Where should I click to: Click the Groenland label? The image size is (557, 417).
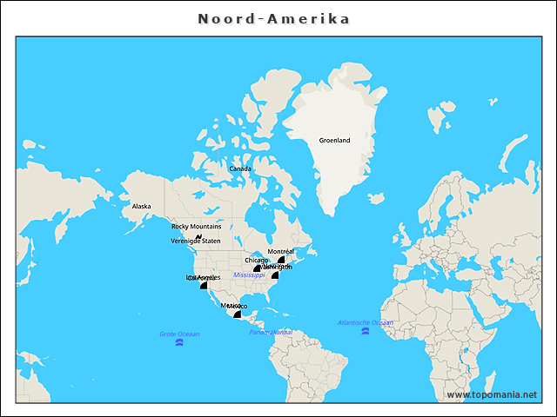tap(334, 140)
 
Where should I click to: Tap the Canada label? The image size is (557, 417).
tap(240, 169)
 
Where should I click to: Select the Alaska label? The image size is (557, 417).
tap(141, 207)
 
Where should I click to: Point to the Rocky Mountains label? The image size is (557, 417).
tap(196, 226)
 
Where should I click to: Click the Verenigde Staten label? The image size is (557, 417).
tap(196, 241)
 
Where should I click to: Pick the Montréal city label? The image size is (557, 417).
tap(280, 251)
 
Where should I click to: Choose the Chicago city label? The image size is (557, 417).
tap(257, 260)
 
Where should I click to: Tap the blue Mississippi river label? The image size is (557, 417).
tap(249, 275)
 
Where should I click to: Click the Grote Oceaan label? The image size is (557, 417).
tap(179, 334)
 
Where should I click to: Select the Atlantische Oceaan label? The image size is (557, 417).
tap(366, 322)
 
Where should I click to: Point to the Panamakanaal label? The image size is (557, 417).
tap(271, 332)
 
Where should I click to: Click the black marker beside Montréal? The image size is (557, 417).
tap(282, 259)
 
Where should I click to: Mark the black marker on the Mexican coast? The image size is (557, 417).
tap(236, 314)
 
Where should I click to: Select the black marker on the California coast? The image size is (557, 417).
tap(204, 285)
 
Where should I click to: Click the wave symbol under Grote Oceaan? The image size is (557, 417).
tap(179, 342)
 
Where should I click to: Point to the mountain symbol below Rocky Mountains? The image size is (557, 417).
tap(198, 235)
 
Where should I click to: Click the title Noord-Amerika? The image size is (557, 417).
tap(274, 18)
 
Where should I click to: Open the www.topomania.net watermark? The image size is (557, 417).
tap(492, 394)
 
